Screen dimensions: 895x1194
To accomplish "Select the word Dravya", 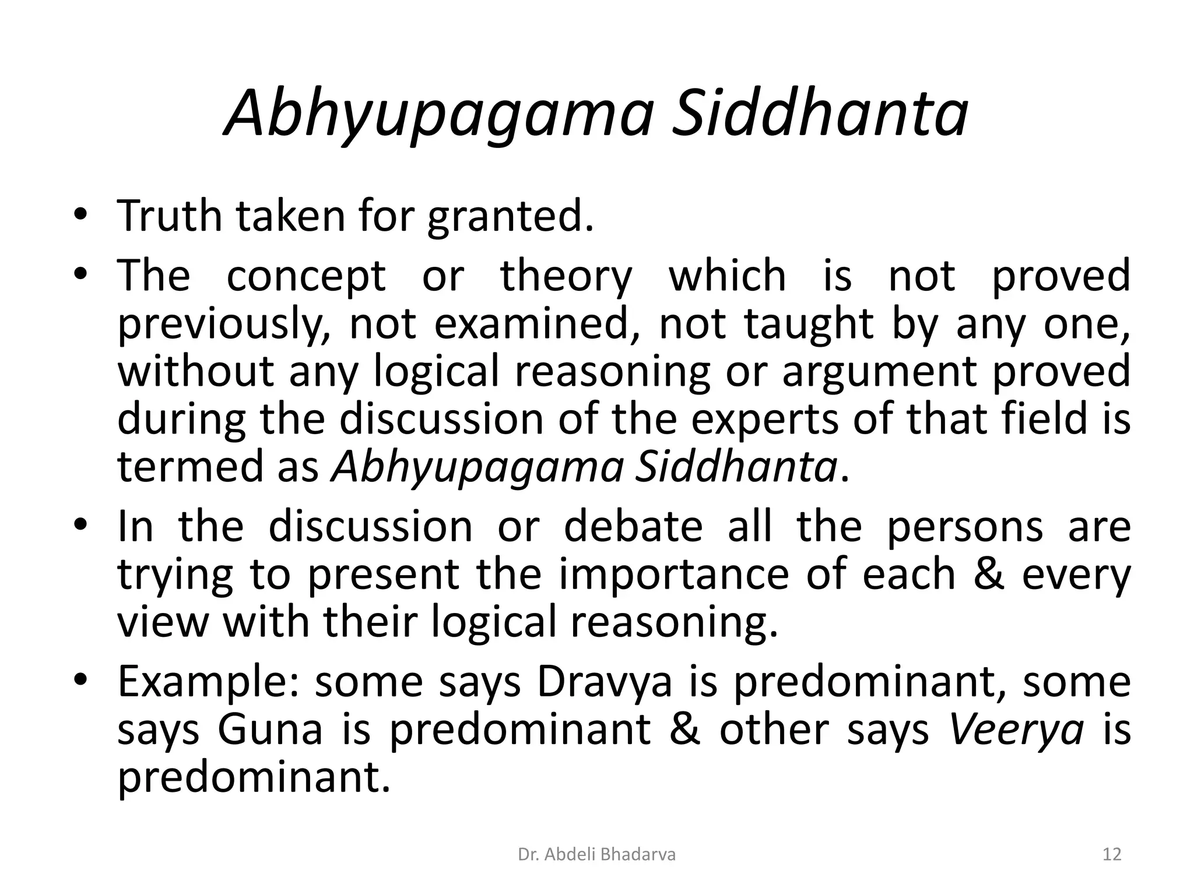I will (x=605, y=683).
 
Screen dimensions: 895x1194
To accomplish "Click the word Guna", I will (x=270, y=730).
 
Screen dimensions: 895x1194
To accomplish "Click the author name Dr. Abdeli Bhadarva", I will (x=596, y=855).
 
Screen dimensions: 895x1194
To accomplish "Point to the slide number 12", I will (x=1112, y=855).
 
